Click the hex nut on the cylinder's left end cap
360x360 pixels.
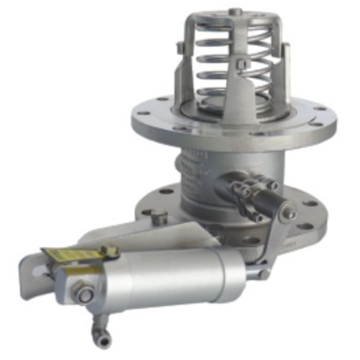[85, 295]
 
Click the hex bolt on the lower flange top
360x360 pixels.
[161, 214]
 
